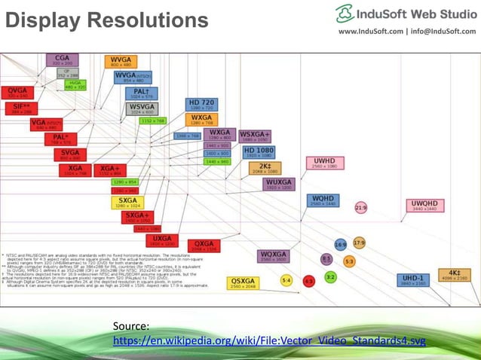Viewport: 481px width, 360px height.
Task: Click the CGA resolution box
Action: pos(62,59)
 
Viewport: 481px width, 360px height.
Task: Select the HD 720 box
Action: pos(201,105)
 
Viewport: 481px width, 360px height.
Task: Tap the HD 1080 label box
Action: pos(259,153)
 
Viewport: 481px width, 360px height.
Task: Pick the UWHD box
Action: pos(325,163)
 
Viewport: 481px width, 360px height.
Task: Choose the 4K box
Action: pos(454,275)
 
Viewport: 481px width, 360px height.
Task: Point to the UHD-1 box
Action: pos(413,279)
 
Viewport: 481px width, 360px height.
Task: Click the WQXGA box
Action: pos(274,256)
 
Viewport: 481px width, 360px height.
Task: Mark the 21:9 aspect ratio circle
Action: pos(361,207)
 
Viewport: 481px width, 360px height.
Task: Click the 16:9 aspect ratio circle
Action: pos(341,245)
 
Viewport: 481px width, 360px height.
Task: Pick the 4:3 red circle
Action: pos(308,280)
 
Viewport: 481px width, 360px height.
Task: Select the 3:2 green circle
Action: pos(330,277)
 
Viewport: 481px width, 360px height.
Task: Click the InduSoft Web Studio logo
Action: pos(406,14)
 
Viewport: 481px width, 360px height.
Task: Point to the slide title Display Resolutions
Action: pos(106,20)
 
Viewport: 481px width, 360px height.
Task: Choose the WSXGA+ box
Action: pos(256,136)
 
